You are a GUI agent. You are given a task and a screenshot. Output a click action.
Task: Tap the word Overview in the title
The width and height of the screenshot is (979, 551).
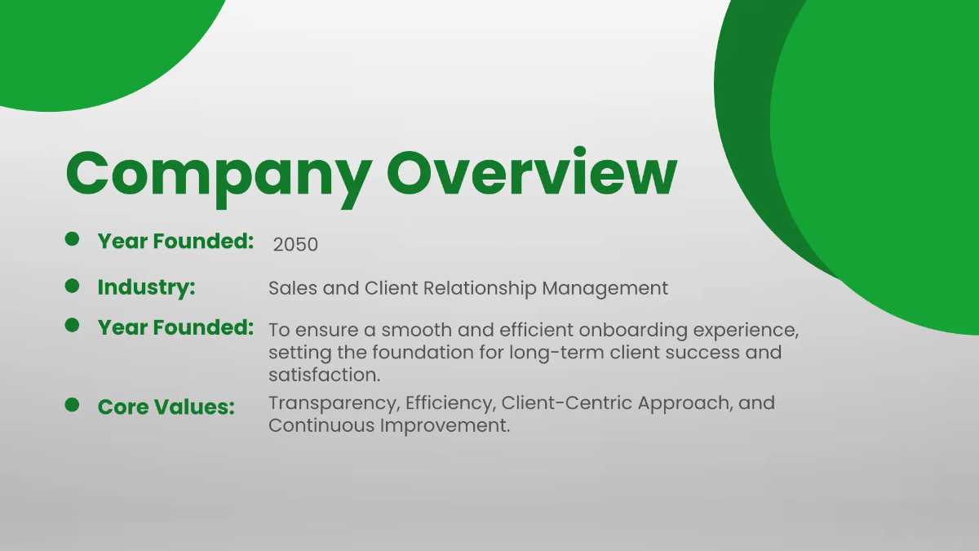[x=532, y=172]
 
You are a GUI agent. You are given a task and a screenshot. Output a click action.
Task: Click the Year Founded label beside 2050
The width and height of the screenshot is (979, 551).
[x=175, y=242]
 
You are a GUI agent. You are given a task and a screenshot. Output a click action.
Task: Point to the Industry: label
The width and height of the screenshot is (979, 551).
[x=146, y=288]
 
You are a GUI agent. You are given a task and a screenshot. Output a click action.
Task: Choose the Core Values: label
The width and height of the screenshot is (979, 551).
[x=166, y=407]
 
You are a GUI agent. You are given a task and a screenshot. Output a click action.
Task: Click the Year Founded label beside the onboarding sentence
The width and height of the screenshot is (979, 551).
[x=175, y=328]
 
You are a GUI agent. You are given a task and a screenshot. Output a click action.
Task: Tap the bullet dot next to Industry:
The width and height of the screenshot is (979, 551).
[x=72, y=286]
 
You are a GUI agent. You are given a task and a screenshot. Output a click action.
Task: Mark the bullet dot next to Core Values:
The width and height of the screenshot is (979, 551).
[x=72, y=405]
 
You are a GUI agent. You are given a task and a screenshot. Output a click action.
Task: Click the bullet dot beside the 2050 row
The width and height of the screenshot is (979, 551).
[x=72, y=239]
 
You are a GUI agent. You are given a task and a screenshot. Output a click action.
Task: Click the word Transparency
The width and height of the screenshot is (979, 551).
[x=331, y=403]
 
